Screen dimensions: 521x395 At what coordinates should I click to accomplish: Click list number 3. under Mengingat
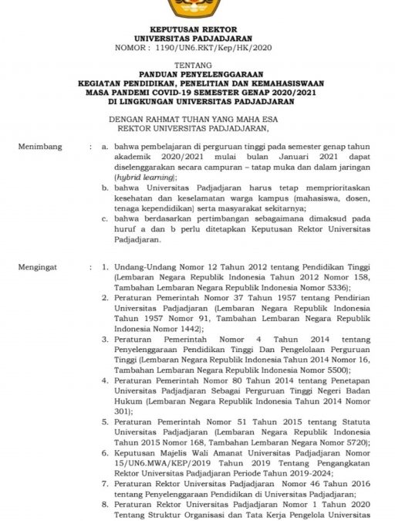click(104, 339)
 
